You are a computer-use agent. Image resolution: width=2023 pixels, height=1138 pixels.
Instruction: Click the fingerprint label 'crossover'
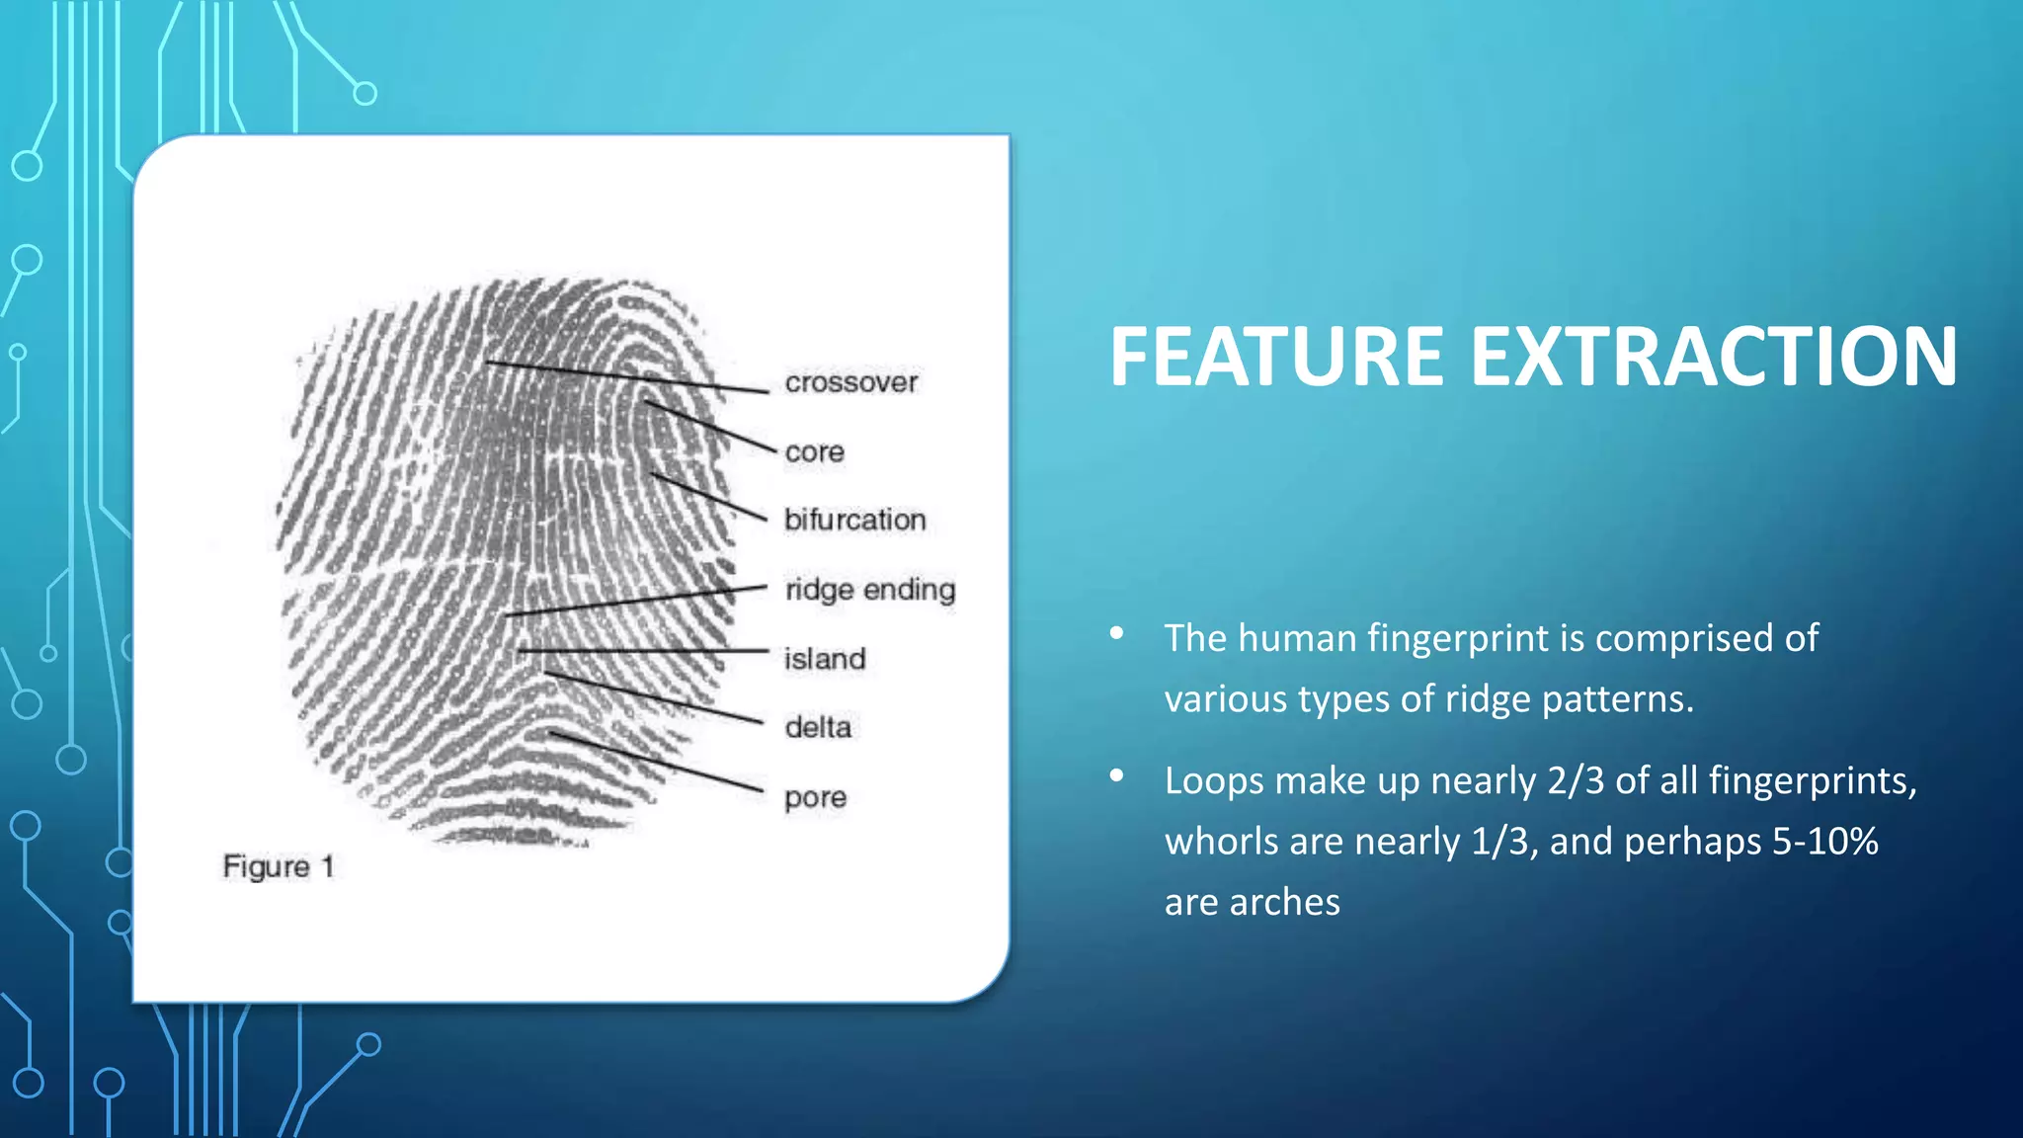tap(850, 382)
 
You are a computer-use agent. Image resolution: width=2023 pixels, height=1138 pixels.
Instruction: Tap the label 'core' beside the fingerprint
tap(814, 452)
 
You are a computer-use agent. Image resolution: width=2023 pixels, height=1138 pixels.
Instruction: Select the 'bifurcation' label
tap(854, 520)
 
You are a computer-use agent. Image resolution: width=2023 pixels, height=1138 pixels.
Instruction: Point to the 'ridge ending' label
tap(869, 590)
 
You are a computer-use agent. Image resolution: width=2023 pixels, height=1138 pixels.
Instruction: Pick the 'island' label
tap(824, 659)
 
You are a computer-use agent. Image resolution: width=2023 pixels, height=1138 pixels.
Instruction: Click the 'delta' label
tap(817, 728)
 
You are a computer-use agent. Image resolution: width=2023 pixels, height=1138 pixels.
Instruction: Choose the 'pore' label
tap(815, 798)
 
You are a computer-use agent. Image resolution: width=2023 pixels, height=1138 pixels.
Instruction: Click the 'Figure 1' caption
tap(278, 867)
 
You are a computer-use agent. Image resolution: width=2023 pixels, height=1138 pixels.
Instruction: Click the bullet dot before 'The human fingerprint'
tap(1116, 633)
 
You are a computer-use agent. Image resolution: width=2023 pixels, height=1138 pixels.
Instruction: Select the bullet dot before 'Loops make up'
tap(1116, 775)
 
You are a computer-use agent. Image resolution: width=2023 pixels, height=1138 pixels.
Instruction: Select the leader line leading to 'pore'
tap(657, 762)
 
